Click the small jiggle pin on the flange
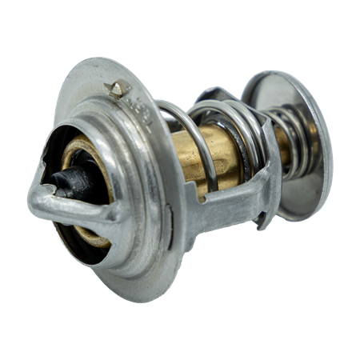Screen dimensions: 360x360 (x=119, y=89)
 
